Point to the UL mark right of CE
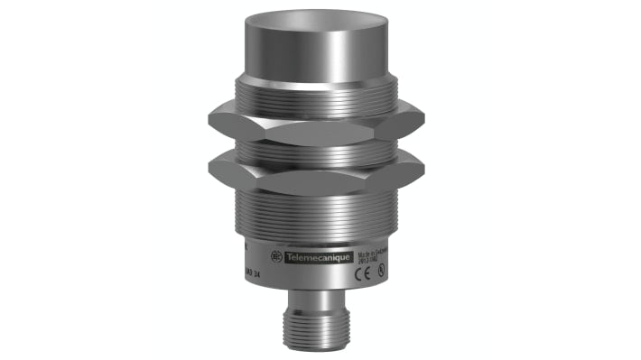pyautogui.click(x=383, y=269)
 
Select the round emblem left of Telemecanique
pyautogui.click(x=276, y=257)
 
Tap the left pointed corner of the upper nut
pyautogui.click(x=209, y=117)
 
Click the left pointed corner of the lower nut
pyautogui.click(x=209, y=166)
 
